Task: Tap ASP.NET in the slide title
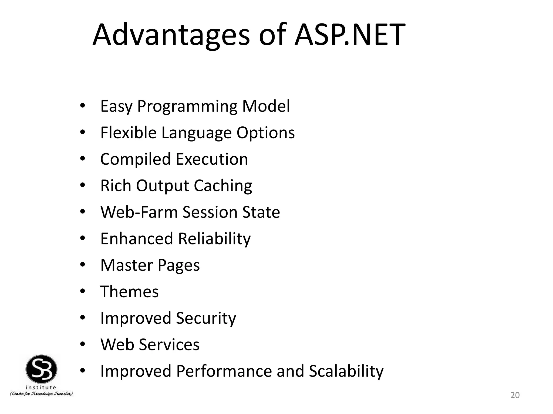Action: pos(350,35)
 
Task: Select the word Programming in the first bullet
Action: pos(187,106)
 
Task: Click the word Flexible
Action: pos(128,133)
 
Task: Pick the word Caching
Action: pos(223,186)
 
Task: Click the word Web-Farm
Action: pos(139,212)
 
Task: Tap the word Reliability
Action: pos(214,239)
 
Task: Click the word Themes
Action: pos(129,292)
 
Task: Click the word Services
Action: pos(169,344)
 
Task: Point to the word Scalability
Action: pos(346,371)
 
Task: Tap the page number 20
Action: pos(515,395)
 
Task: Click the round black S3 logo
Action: pos(41,369)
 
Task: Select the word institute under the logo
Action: pos(41,387)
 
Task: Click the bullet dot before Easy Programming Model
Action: pos(83,106)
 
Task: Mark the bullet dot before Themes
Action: pos(83,291)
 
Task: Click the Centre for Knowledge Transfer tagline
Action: pos(41,394)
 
